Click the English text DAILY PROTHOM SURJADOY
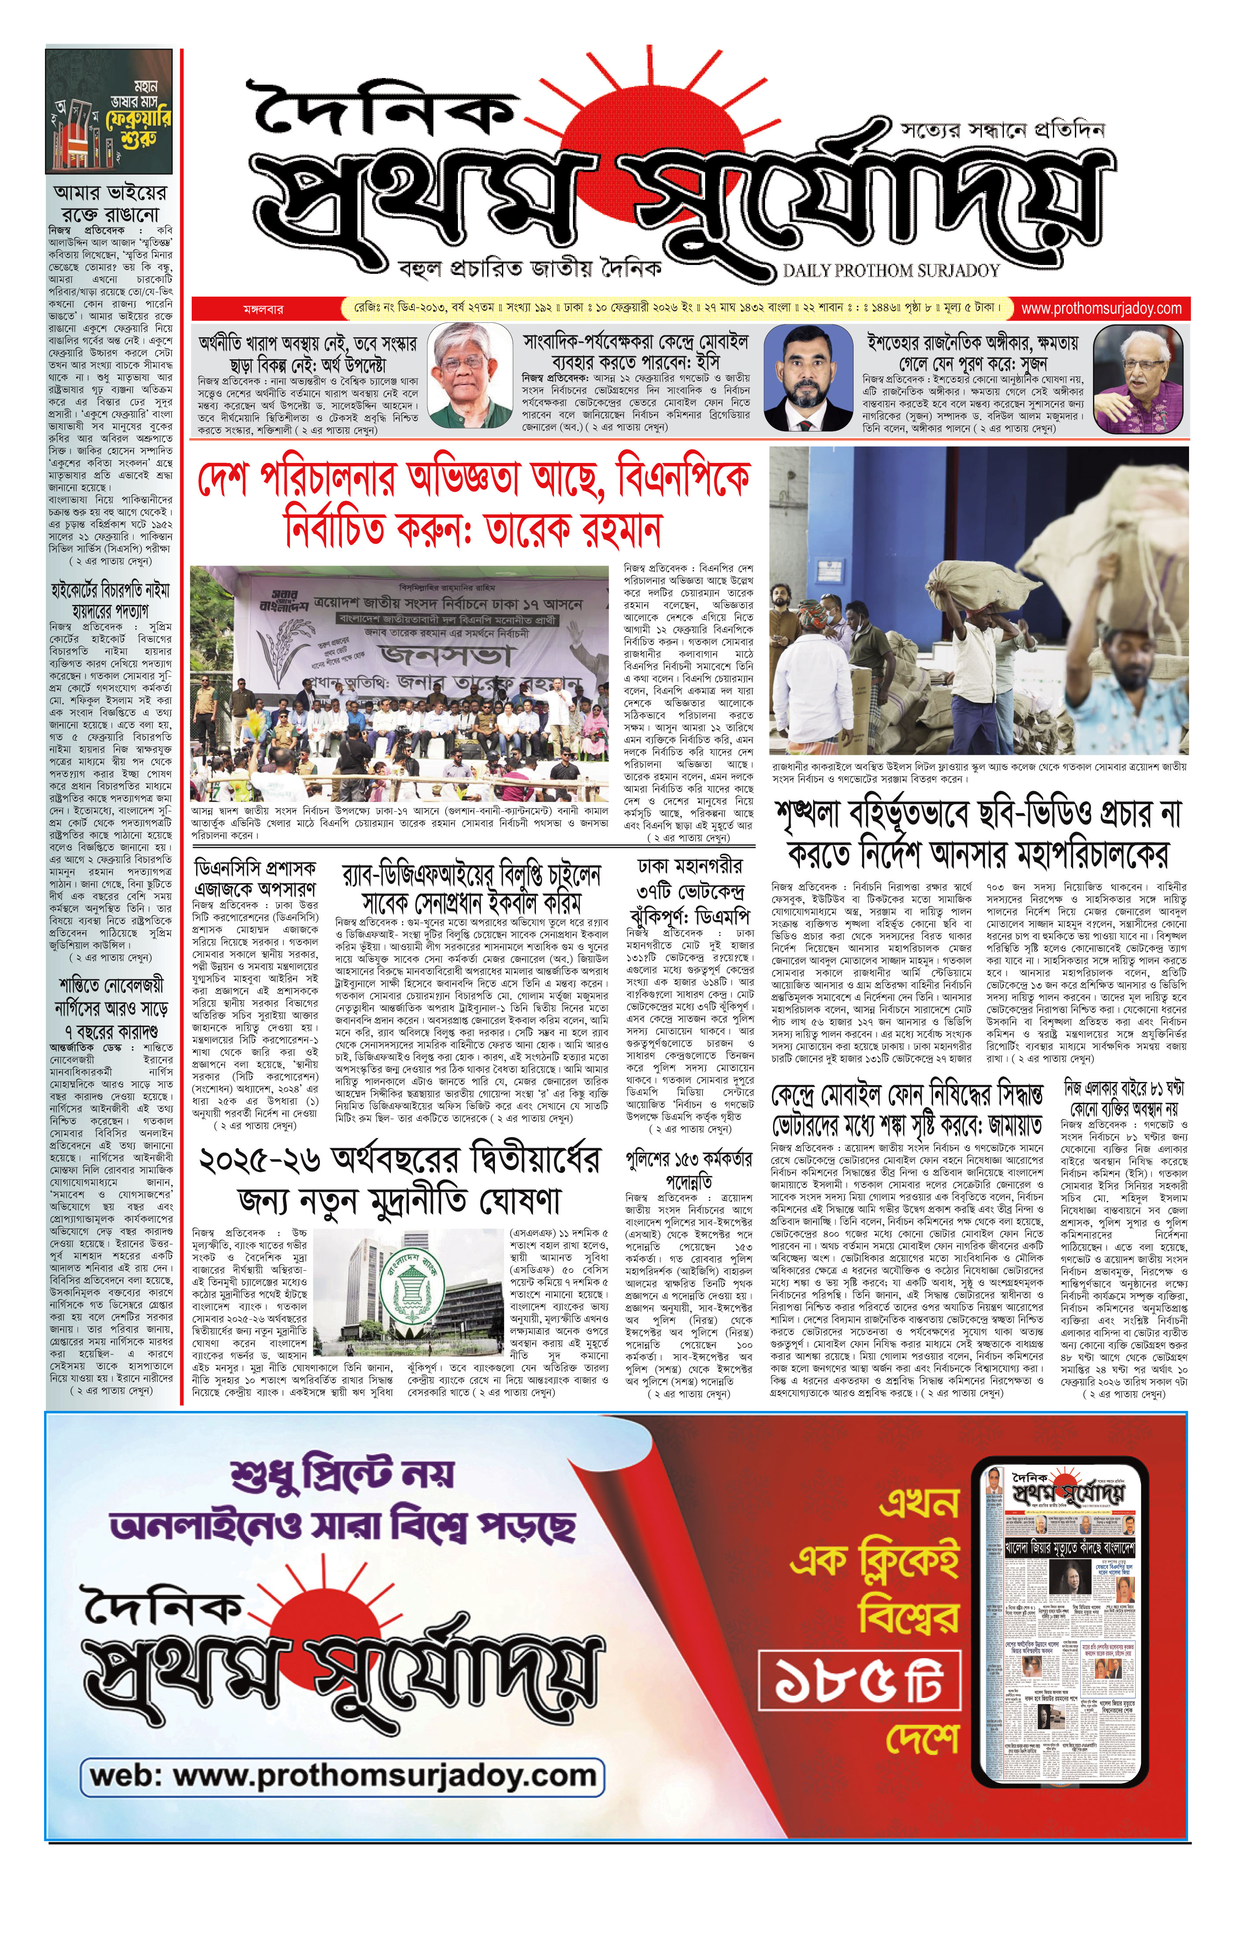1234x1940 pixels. tap(891, 271)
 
